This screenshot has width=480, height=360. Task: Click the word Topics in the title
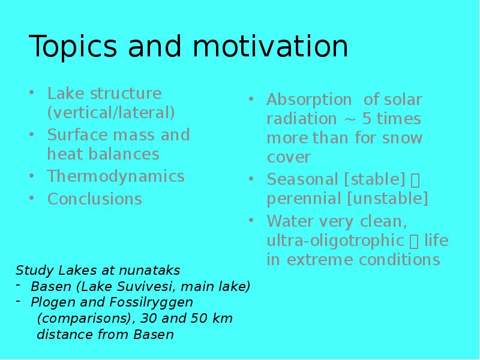click(73, 47)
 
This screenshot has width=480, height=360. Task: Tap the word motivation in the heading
click(271, 46)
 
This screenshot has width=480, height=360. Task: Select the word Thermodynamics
click(116, 177)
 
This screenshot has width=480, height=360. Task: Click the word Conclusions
click(95, 199)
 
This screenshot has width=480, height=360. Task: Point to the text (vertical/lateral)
click(111, 112)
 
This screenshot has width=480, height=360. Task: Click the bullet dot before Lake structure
click(32, 92)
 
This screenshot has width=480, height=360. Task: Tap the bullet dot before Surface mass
click(32, 134)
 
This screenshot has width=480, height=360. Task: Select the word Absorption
click(309, 100)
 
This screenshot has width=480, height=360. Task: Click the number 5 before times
click(367, 119)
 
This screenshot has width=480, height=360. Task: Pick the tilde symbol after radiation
click(349, 120)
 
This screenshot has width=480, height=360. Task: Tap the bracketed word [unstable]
click(388, 199)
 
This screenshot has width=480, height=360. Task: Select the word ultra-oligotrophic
click(335, 241)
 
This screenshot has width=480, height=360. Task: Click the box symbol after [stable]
click(415, 181)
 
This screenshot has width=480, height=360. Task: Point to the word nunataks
click(149, 271)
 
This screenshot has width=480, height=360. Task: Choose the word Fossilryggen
click(151, 303)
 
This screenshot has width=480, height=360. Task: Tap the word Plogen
click(53, 303)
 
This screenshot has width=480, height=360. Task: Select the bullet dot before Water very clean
click(251, 220)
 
